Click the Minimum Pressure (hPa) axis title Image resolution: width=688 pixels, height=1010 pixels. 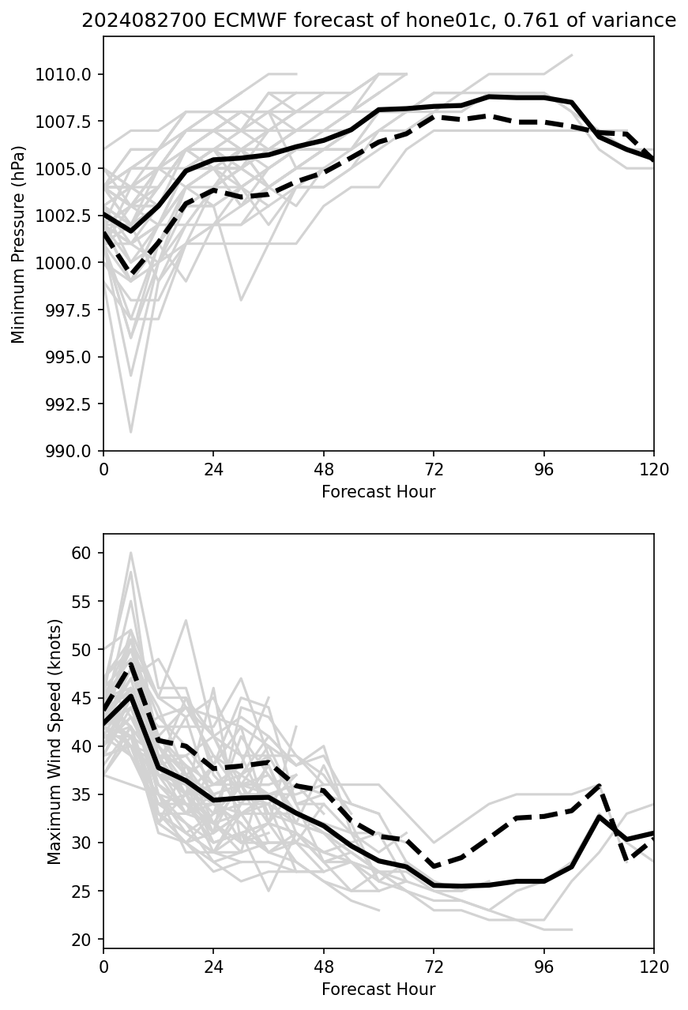click(18, 244)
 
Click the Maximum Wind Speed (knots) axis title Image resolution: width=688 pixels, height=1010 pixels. click(54, 742)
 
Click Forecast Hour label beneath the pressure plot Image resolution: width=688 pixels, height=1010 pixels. click(378, 492)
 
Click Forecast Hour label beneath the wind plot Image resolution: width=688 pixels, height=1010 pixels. click(378, 989)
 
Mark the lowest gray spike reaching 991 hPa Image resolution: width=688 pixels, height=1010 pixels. click(131, 431)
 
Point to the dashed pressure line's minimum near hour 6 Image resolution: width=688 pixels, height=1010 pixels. click(131, 273)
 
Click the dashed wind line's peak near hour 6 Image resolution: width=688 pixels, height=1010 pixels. click(131, 663)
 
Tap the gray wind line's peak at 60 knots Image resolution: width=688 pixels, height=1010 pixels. click(131, 554)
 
